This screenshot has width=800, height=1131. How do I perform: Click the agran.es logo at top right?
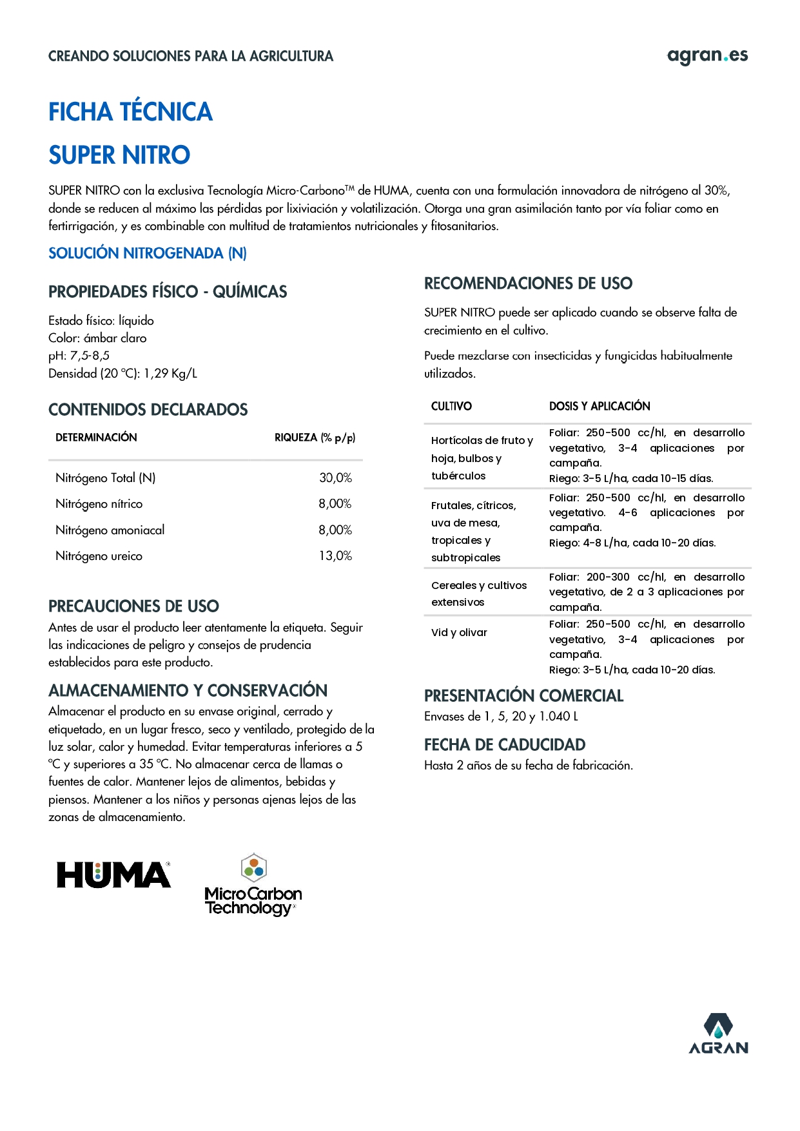707,56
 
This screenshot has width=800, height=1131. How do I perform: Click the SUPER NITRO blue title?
119,155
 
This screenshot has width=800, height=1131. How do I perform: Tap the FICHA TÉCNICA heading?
130,112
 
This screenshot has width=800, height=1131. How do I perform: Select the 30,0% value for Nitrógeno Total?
335,478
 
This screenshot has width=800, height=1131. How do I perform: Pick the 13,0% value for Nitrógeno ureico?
335,556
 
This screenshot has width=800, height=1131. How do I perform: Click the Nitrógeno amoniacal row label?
110,530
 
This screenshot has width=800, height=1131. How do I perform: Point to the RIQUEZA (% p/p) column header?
315,438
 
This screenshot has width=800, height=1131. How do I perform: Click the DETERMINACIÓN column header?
96,438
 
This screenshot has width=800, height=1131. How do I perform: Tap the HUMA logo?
114,875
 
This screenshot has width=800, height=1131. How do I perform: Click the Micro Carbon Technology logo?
253,886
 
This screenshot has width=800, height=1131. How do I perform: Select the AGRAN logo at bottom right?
718,1034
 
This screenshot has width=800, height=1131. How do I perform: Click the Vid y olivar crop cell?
459,633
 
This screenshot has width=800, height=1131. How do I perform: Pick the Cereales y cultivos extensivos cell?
478,594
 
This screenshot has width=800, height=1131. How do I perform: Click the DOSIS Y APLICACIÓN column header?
599,406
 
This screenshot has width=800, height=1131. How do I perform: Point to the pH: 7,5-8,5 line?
79,356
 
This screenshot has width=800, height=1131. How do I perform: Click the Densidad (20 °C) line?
122,374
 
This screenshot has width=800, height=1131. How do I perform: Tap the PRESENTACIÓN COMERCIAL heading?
523,696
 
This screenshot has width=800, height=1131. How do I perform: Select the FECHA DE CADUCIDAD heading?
504,745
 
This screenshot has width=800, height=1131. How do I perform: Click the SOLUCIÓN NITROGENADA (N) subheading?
147,253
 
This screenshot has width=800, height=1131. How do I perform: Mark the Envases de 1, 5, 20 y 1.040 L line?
501,717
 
